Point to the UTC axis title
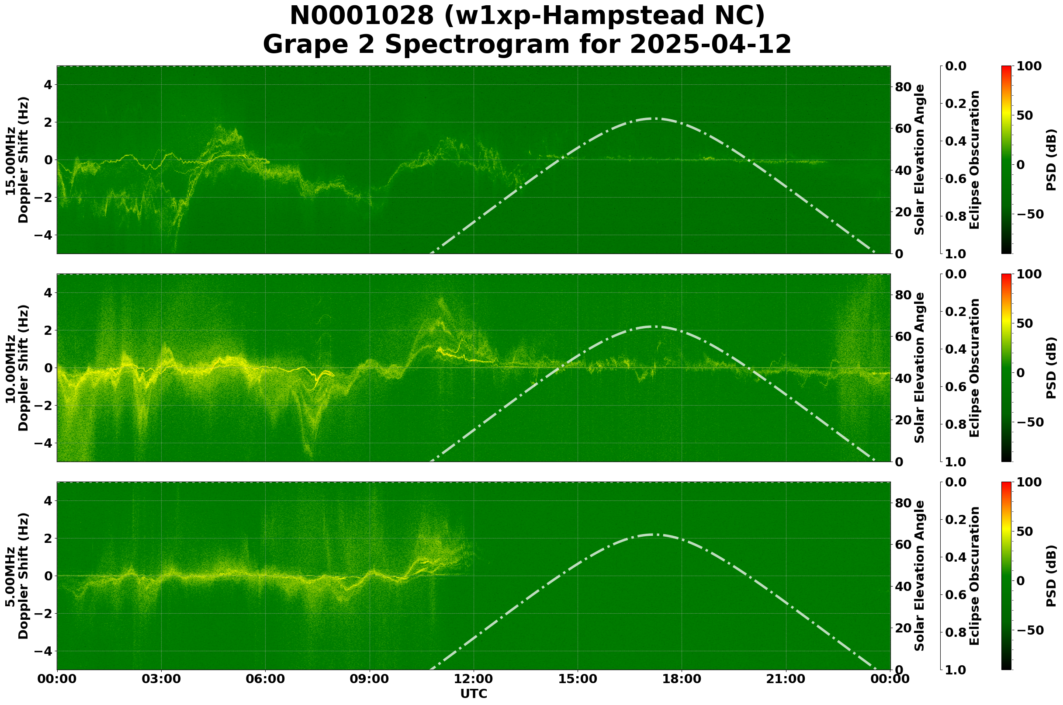[x=474, y=694]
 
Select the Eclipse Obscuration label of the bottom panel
[x=974, y=576]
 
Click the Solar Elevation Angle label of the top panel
[x=920, y=160]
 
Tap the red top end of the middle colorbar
[x=1006, y=276]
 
